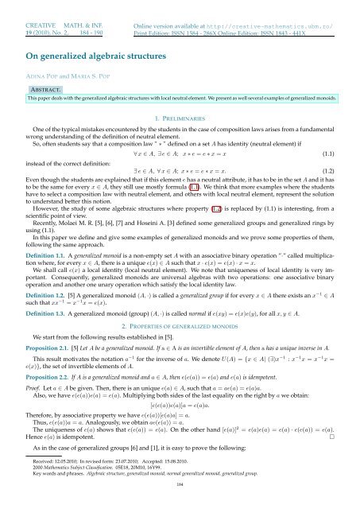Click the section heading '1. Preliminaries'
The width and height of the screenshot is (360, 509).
(179, 117)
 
